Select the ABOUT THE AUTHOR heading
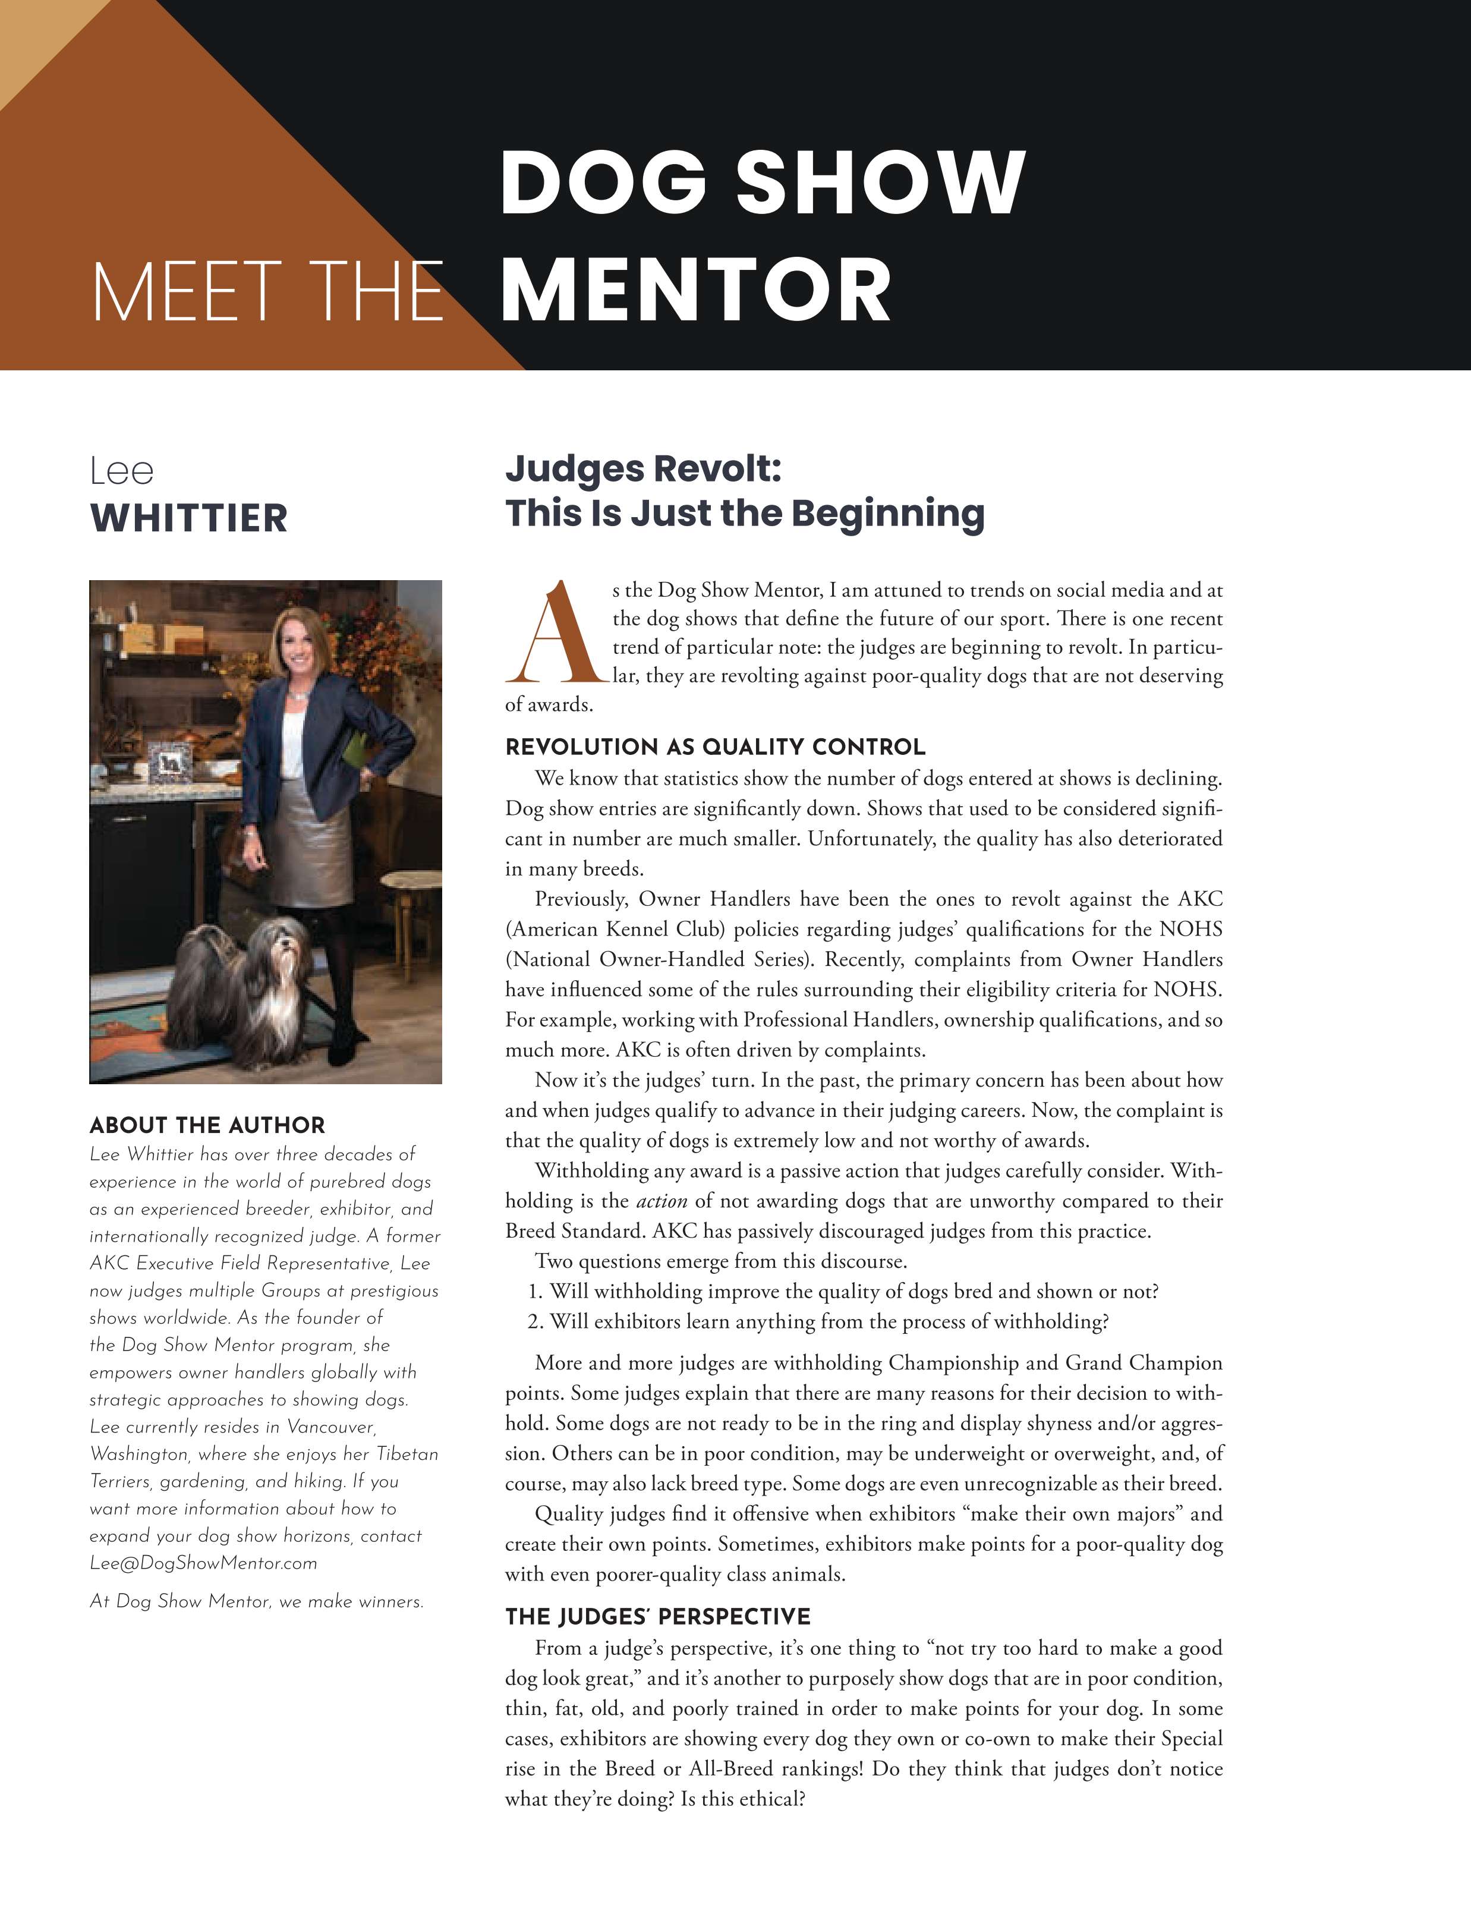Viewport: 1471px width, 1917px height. pyautogui.click(x=207, y=1125)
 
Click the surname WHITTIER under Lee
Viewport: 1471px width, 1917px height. pyautogui.click(x=188, y=518)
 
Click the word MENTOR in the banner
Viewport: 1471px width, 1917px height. pyautogui.click(x=695, y=291)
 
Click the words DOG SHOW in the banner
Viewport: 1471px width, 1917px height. pyautogui.click(x=762, y=181)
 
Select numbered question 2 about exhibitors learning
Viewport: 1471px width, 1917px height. pyautogui.click(x=818, y=1321)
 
